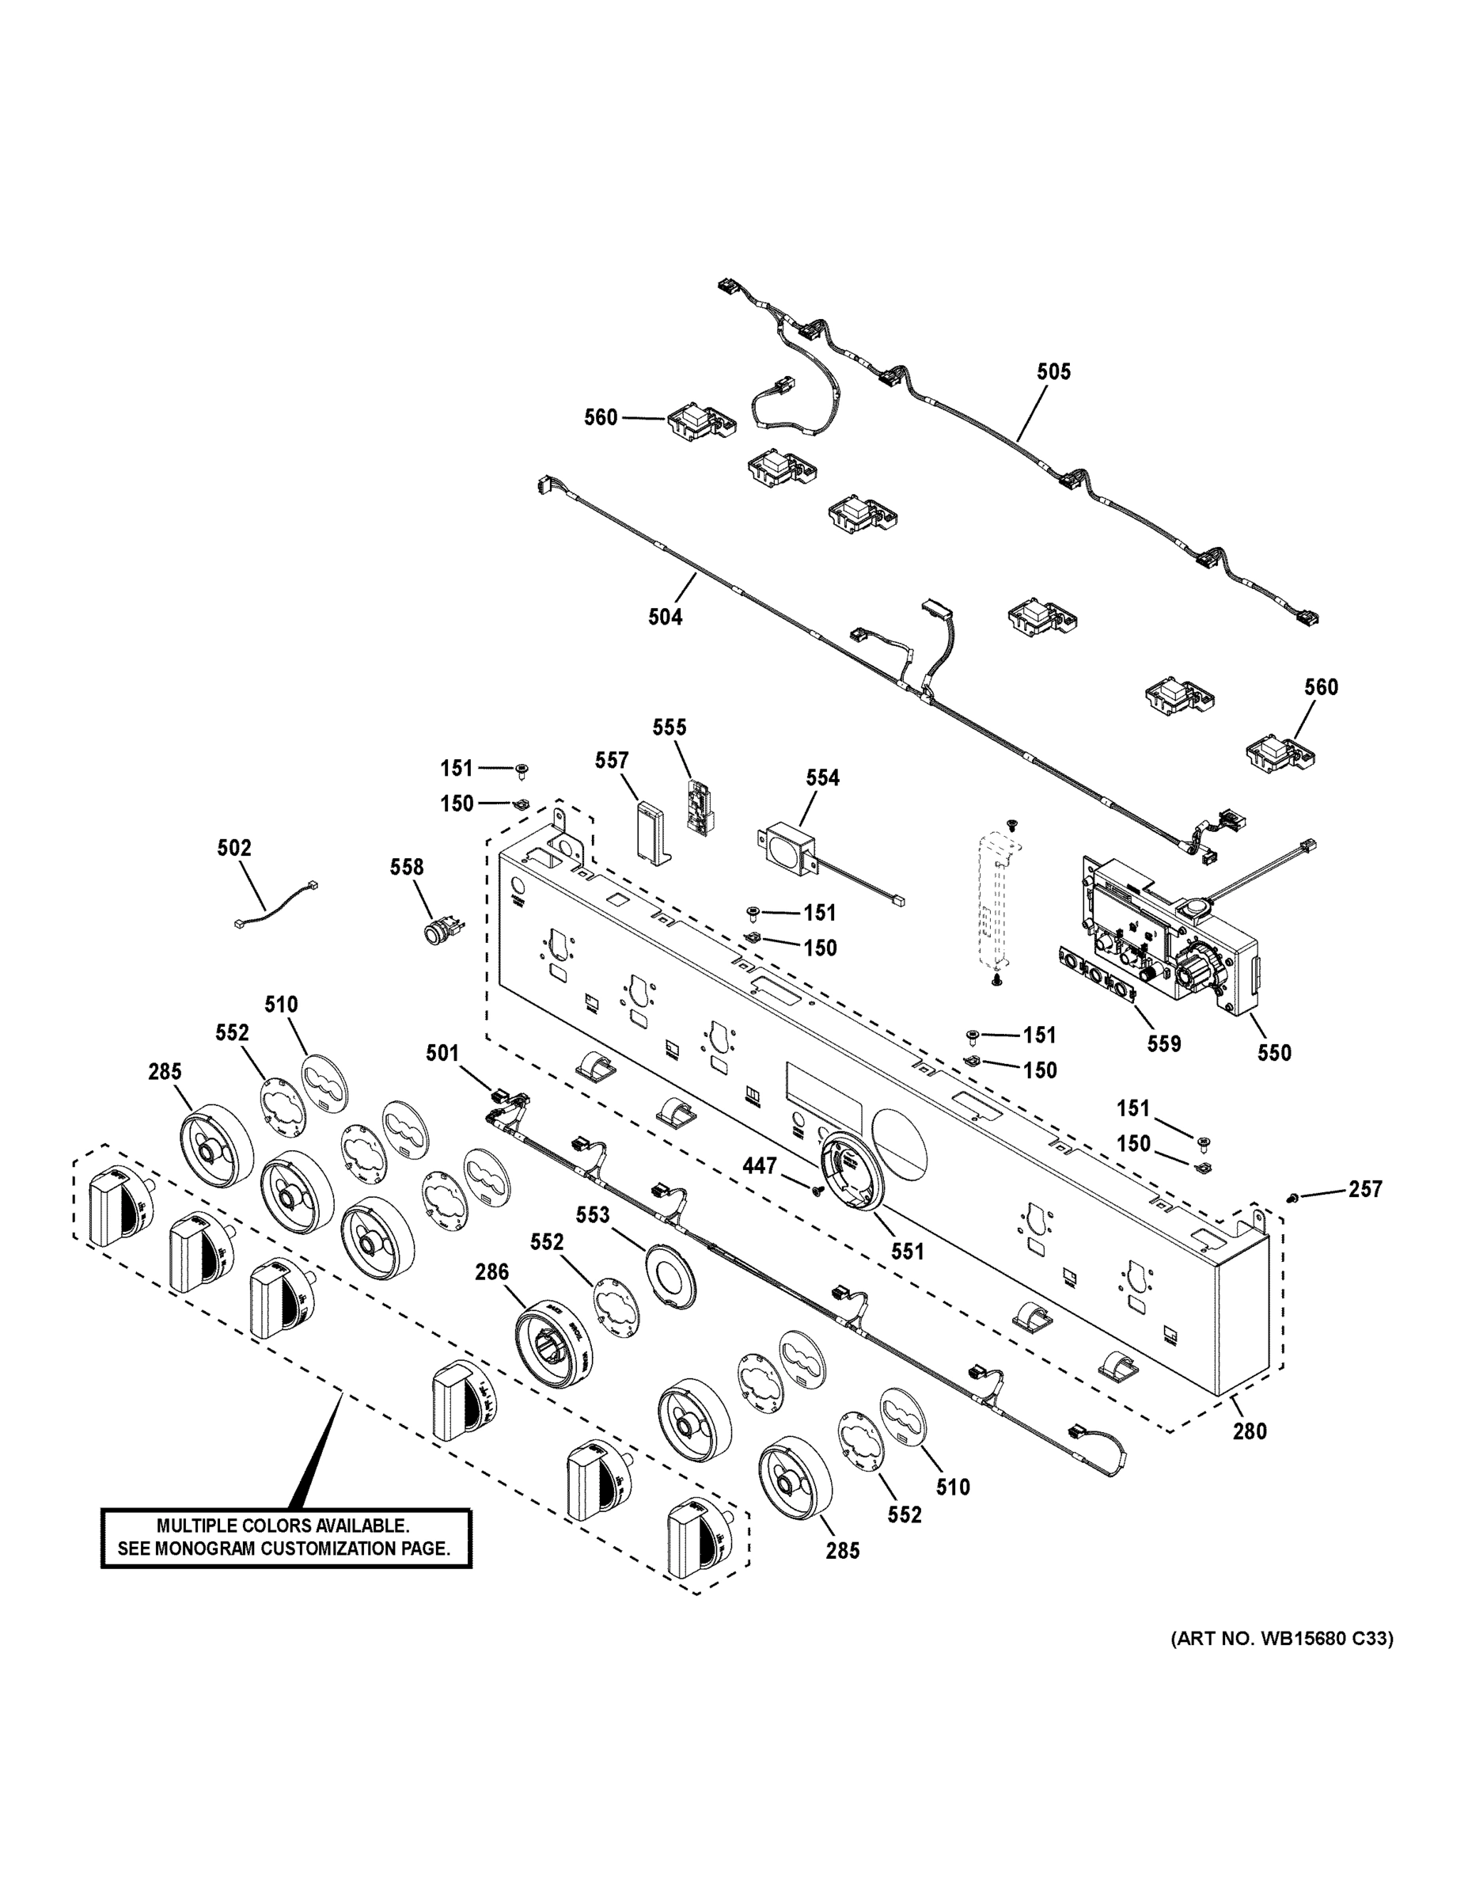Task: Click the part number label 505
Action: (1053, 371)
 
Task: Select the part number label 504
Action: (666, 617)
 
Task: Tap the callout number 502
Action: (234, 847)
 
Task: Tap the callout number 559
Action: (1163, 1043)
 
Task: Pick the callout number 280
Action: (1250, 1431)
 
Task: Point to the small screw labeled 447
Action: (817, 1189)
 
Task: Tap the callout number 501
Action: (442, 1053)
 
